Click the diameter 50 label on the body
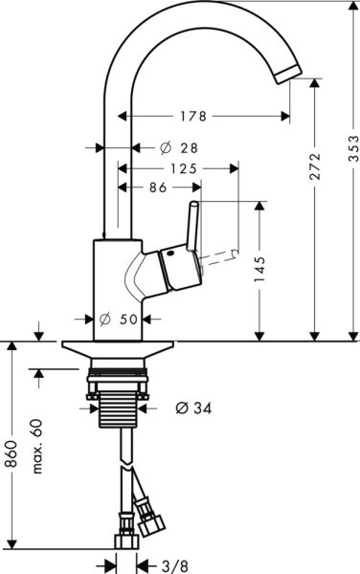tap(132, 320)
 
